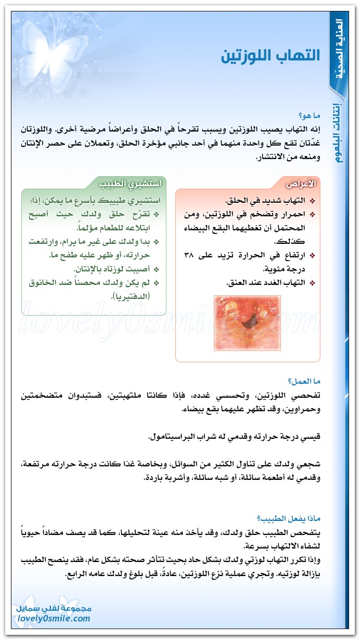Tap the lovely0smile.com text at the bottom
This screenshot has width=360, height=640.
[x=53, y=618]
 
